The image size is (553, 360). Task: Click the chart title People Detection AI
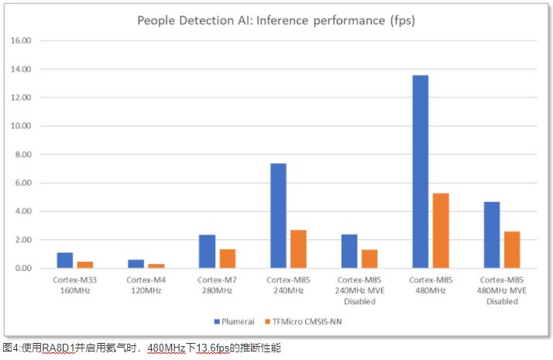pyautogui.click(x=276, y=21)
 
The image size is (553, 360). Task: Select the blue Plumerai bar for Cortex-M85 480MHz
pyautogui.click(x=421, y=171)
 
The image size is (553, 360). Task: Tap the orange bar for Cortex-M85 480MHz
pyautogui.click(x=441, y=230)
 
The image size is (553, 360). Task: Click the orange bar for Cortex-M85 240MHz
pyautogui.click(x=298, y=249)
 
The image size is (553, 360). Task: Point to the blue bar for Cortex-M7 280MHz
pyautogui.click(x=207, y=251)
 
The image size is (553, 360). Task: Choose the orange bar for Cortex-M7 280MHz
pyautogui.click(x=227, y=259)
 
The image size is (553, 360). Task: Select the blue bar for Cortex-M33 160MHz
pyautogui.click(x=64, y=260)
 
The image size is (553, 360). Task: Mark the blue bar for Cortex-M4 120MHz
pyautogui.click(x=136, y=264)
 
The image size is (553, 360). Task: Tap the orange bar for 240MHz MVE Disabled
pyautogui.click(x=369, y=259)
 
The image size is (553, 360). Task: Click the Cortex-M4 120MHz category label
pyautogui.click(x=146, y=284)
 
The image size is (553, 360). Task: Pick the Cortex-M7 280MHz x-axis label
pyautogui.click(x=217, y=284)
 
